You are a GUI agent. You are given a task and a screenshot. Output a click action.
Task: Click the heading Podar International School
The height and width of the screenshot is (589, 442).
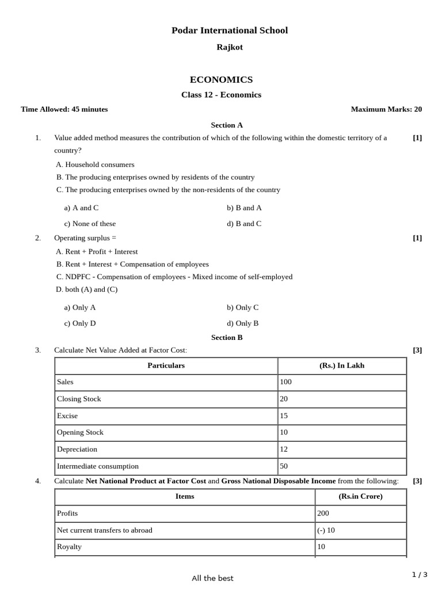[x=230, y=30]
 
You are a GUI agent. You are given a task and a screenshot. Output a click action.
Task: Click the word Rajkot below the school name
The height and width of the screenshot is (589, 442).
[x=229, y=47]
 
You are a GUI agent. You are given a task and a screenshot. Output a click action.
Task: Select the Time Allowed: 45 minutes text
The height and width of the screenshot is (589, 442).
[x=64, y=109]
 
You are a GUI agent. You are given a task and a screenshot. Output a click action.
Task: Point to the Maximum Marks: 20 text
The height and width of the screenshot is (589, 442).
[x=386, y=109]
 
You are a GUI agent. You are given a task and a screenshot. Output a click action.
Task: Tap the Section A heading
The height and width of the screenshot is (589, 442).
[x=227, y=125]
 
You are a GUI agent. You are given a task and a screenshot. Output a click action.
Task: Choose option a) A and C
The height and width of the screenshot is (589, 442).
[x=81, y=208]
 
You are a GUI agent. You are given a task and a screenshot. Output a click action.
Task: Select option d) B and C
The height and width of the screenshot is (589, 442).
[x=244, y=224]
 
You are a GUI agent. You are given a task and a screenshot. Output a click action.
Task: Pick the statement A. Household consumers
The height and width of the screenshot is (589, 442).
[x=95, y=165]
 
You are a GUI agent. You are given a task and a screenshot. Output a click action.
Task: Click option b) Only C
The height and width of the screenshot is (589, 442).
[x=242, y=307]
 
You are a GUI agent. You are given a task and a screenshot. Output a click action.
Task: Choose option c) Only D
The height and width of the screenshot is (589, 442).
[x=80, y=323]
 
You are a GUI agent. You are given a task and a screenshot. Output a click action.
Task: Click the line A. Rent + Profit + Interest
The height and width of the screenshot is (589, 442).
[x=97, y=251]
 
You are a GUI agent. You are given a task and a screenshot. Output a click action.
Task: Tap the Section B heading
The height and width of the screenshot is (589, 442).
[x=227, y=338]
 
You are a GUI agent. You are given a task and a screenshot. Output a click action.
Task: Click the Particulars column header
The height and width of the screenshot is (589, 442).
[x=166, y=365]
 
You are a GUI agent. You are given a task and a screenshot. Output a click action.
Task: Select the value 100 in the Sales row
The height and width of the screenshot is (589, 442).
[x=286, y=382]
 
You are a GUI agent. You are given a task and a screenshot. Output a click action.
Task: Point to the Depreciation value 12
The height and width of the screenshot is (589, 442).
[x=284, y=449]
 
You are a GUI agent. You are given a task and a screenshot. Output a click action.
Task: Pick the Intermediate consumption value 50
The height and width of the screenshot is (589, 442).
[x=284, y=466]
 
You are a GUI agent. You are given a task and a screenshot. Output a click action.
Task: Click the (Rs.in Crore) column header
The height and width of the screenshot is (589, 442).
[x=360, y=496]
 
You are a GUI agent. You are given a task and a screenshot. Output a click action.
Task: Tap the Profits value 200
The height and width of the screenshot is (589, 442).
[x=323, y=513]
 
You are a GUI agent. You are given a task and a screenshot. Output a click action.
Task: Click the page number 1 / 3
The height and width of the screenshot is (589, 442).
[x=420, y=575]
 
